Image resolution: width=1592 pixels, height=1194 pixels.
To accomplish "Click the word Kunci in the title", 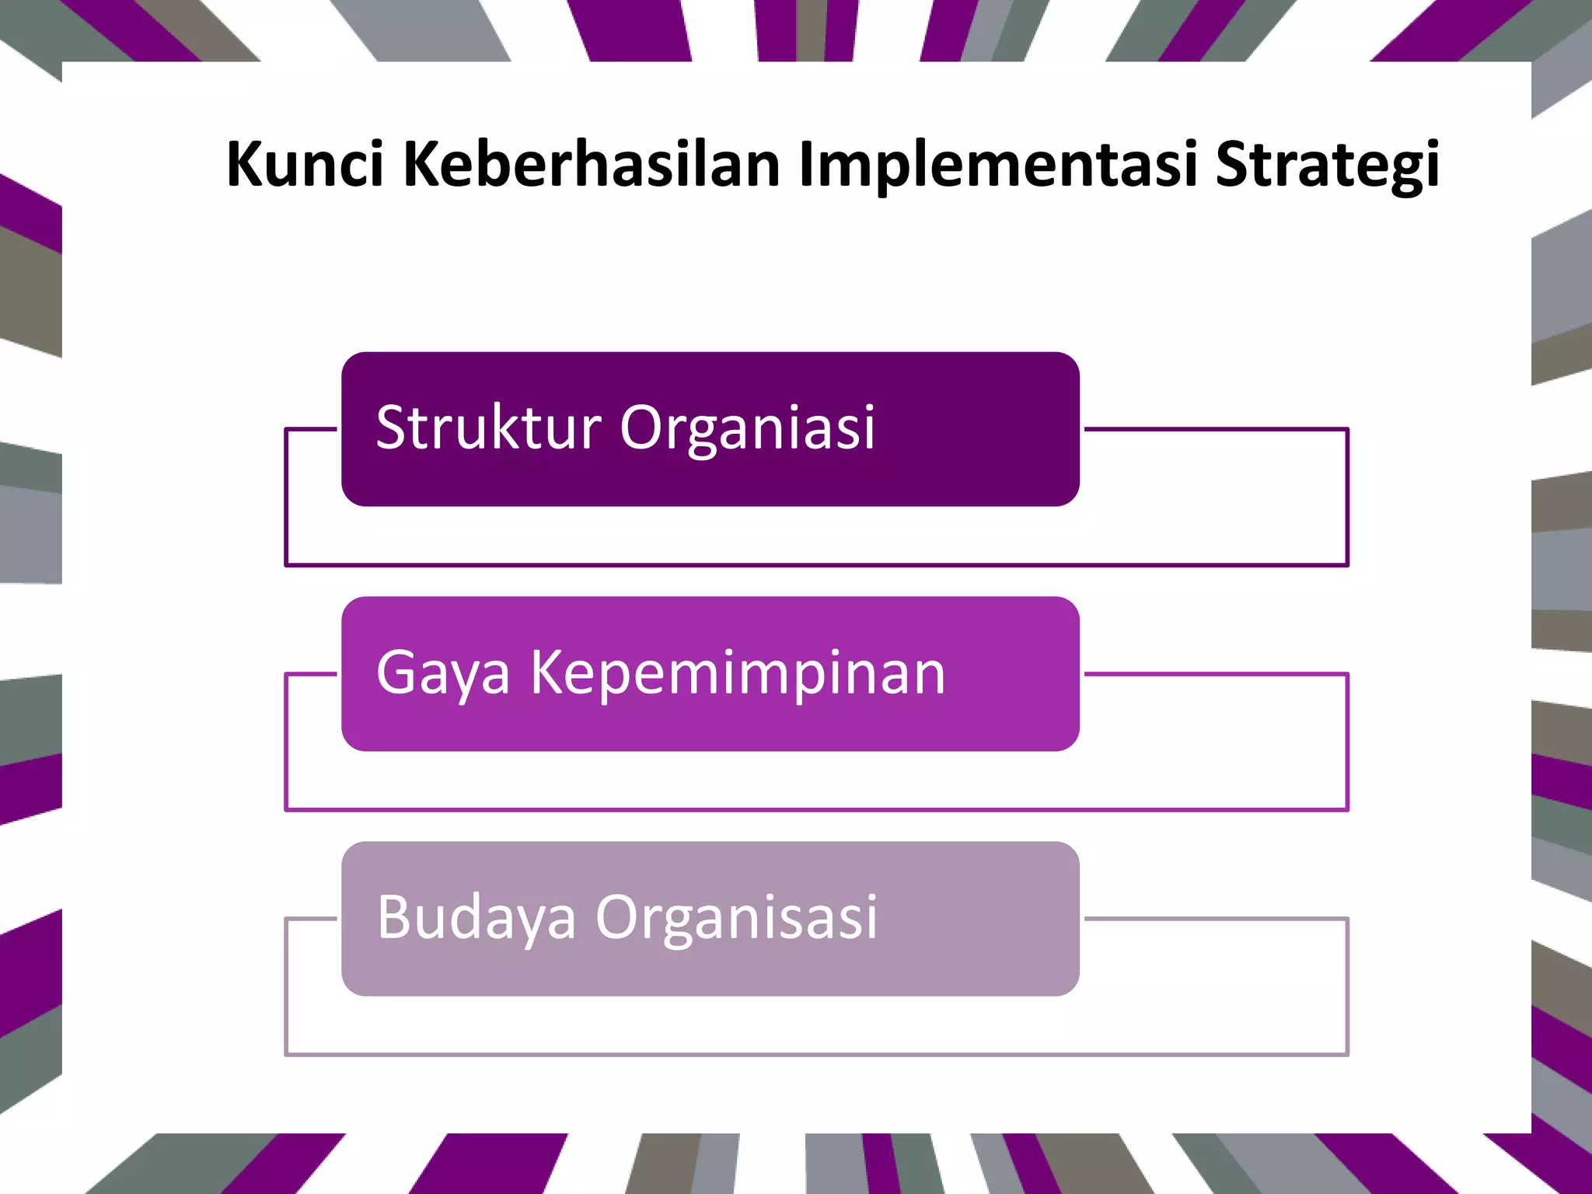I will (305, 164).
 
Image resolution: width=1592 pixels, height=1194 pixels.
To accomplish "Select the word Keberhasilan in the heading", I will (592, 164).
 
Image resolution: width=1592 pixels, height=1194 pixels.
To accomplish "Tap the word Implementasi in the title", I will (997, 166).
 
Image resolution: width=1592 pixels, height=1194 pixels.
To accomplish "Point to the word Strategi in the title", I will (1327, 166).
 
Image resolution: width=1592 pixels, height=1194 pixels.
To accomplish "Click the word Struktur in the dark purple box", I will (488, 428).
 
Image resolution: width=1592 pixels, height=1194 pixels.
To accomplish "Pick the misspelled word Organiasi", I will (747, 429).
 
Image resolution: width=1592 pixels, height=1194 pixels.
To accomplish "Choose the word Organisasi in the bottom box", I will (736, 918).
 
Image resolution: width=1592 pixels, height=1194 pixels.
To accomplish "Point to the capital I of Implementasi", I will (805, 164).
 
